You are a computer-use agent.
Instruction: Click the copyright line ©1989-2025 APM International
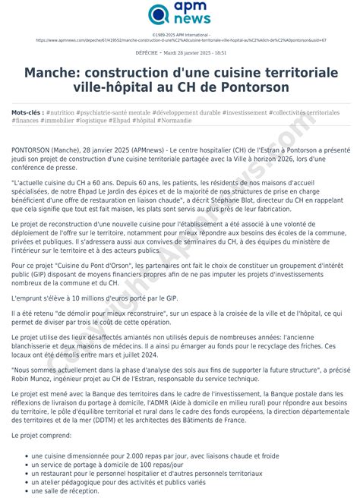tap(180, 34)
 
